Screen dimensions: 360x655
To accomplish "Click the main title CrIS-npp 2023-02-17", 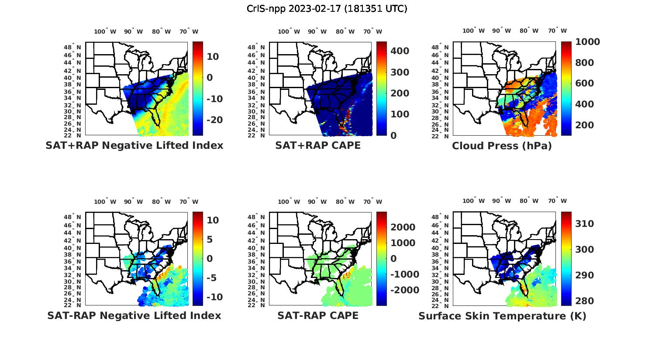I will pos(327,9).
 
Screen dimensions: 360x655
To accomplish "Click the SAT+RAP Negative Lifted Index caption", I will pos(134,145).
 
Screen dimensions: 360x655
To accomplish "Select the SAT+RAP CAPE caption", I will pos(318,145).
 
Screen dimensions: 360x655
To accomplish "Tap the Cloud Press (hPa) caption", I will pos(502,146).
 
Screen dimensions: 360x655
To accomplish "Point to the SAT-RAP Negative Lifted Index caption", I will pos(134,315).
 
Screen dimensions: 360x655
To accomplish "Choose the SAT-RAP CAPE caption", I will pos(318,315).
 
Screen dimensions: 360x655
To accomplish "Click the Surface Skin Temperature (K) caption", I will pos(502,316).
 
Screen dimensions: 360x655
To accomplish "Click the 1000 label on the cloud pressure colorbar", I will pos(588,42).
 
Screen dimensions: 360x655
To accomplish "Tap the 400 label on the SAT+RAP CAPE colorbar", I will pos(400,51).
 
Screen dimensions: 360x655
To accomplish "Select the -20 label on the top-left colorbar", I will pos(214,120).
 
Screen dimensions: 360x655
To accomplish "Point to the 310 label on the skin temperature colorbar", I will pos(585,224).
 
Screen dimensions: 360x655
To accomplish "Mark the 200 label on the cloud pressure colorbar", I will pos(585,125).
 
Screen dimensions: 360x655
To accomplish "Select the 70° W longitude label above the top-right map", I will pos(557,31).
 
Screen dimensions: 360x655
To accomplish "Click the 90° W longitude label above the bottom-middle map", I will pos(317,202).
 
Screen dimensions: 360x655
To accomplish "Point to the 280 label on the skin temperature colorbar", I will pos(585,301).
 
